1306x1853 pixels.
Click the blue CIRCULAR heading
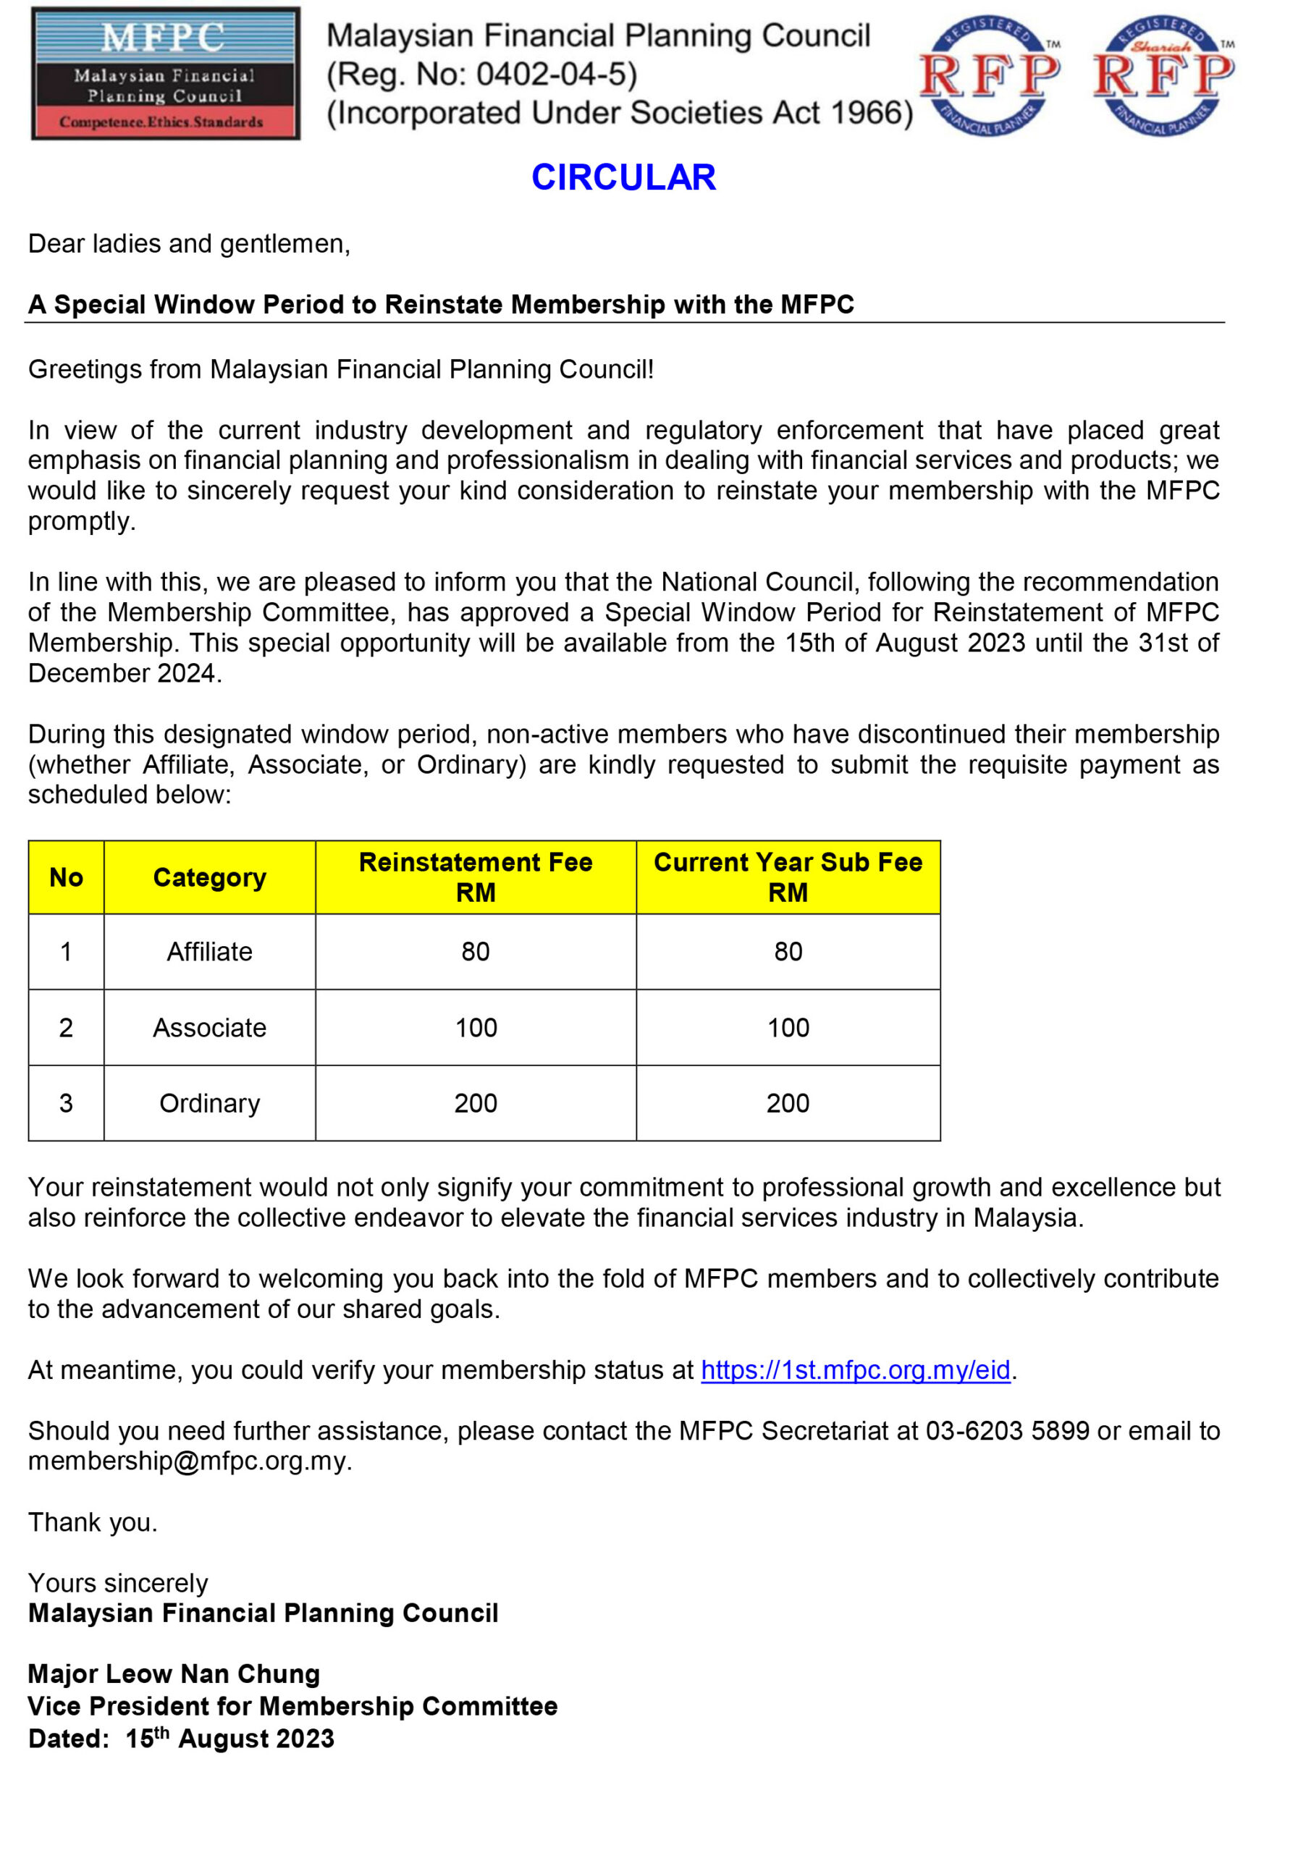pos(623,177)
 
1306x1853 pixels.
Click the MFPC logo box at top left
pos(166,73)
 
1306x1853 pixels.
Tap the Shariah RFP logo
pos(1163,75)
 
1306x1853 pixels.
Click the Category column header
pos(209,877)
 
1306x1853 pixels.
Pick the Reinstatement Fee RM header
pos(476,877)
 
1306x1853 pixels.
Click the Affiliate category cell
pos(209,952)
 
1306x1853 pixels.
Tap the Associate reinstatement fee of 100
pos(476,1027)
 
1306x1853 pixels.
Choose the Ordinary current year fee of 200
pos(787,1103)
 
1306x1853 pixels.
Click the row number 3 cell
pos(66,1103)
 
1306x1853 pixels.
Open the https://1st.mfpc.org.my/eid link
pos(855,1369)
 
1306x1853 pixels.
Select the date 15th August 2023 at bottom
pos(229,1739)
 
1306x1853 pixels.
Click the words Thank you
pos(92,1522)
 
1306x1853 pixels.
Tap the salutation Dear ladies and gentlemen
pos(188,244)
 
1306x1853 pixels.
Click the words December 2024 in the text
pos(124,673)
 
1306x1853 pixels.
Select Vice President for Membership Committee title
pos(292,1706)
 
